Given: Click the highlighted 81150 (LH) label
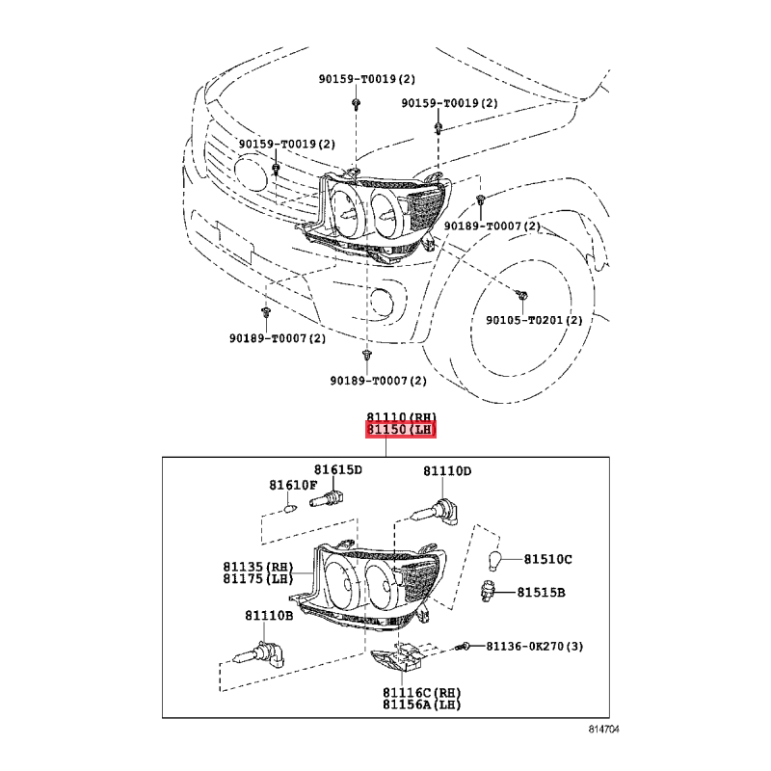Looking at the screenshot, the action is [x=401, y=430].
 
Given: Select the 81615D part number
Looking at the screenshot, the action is [x=338, y=470].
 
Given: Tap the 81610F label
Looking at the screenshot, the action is [x=293, y=486].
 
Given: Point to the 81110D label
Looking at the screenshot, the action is [x=447, y=471].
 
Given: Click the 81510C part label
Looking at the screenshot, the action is [x=547, y=560].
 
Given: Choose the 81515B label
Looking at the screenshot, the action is [x=541, y=593].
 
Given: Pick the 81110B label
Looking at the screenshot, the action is [x=269, y=616].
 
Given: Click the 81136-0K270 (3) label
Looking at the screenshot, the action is [x=535, y=646].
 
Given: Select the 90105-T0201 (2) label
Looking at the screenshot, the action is [x=534, y=320].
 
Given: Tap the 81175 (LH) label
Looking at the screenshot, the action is [x=258, y=579].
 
